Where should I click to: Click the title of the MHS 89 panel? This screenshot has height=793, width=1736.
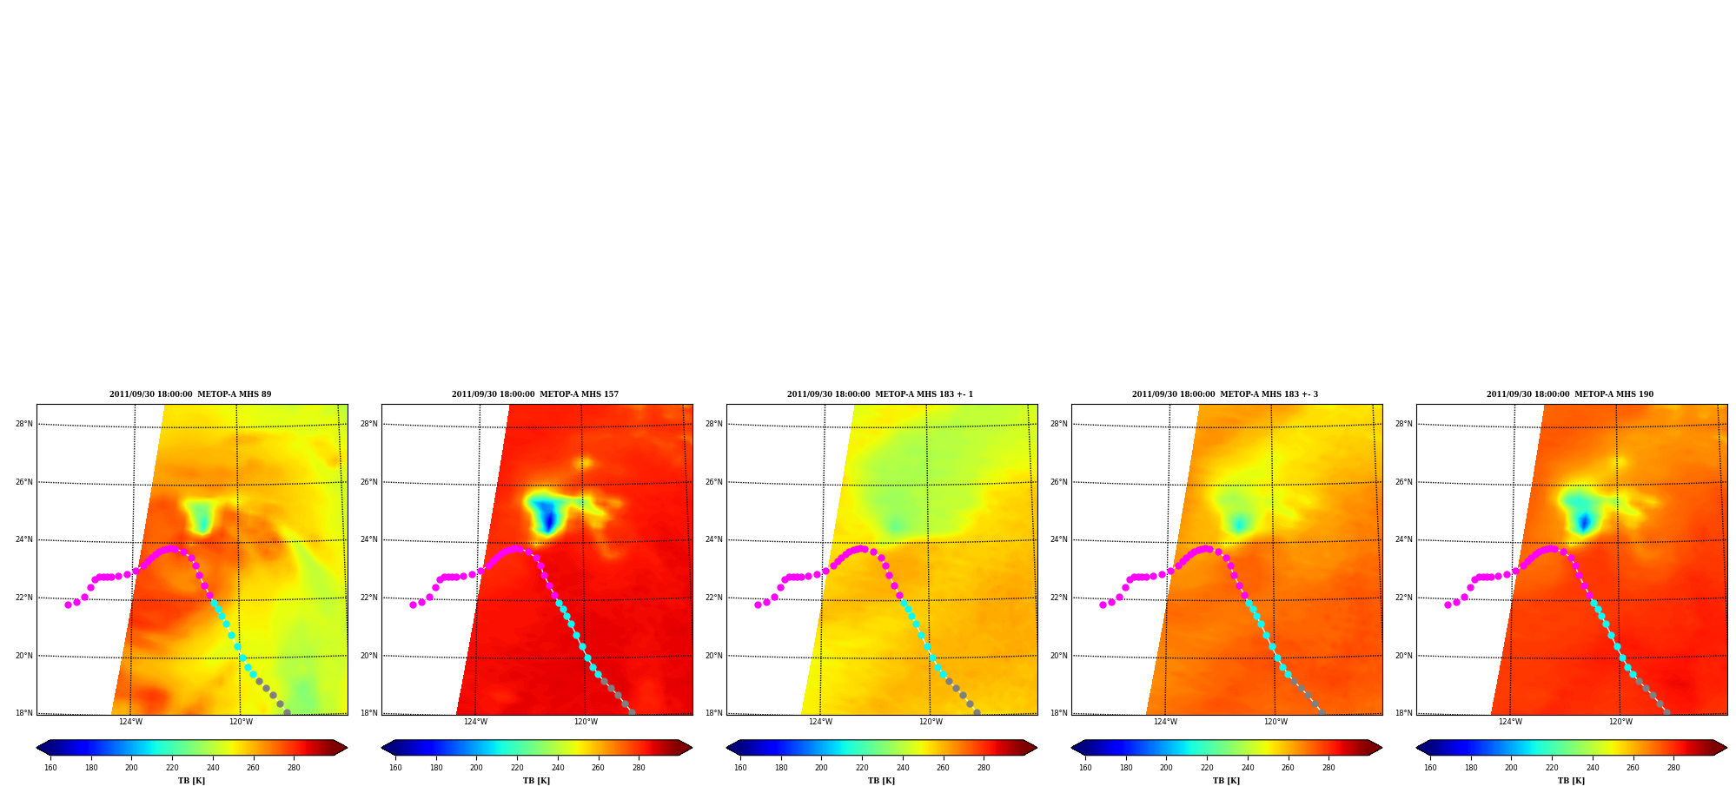[190, 394]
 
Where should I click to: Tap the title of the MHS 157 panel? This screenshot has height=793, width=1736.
[535, 394]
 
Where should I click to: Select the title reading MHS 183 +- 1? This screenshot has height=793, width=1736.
[880, 394]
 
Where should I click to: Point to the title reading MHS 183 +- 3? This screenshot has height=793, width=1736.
[1225, 394]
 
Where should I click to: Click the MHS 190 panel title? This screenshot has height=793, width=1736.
[1570, 394]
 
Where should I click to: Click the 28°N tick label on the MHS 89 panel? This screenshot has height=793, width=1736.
[24, 424]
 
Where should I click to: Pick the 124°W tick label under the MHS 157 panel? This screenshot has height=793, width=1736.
[475, 722]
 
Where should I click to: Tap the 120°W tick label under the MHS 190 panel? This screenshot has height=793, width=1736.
[1620, 722]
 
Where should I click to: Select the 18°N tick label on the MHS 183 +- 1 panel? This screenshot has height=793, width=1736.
[714, 713]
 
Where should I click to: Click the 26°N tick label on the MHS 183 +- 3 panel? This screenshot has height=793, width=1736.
[1059, 482]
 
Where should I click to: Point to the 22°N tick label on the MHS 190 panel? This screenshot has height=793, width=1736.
[1404, 598]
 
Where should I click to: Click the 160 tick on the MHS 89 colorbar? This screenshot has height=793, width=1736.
[50, 768]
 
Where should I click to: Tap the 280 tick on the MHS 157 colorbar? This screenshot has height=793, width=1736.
[639, 768]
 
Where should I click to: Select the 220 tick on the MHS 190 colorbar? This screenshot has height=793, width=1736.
[1552, 768]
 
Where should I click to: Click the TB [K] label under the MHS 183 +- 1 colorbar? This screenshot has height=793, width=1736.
[881, 781]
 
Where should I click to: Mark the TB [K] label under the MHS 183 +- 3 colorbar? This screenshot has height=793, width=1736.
[1226, 781]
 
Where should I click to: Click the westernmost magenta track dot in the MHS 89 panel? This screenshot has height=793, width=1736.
[68, 605]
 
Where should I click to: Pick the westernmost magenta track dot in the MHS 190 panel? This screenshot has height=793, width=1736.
[1448, 605]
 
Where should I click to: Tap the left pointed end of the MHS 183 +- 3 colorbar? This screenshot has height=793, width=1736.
[1072, 747]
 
